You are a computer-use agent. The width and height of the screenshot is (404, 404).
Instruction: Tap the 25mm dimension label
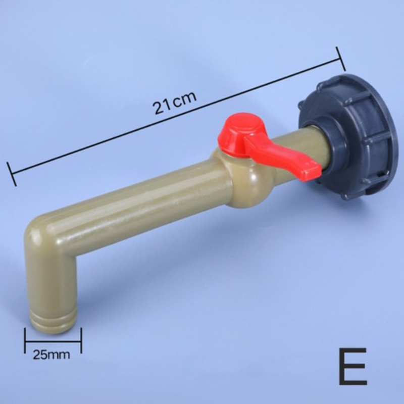click(52, 355)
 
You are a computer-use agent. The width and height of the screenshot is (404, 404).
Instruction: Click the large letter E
click(352, 366)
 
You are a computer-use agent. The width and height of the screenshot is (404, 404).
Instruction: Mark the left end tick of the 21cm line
click(12, 174)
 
